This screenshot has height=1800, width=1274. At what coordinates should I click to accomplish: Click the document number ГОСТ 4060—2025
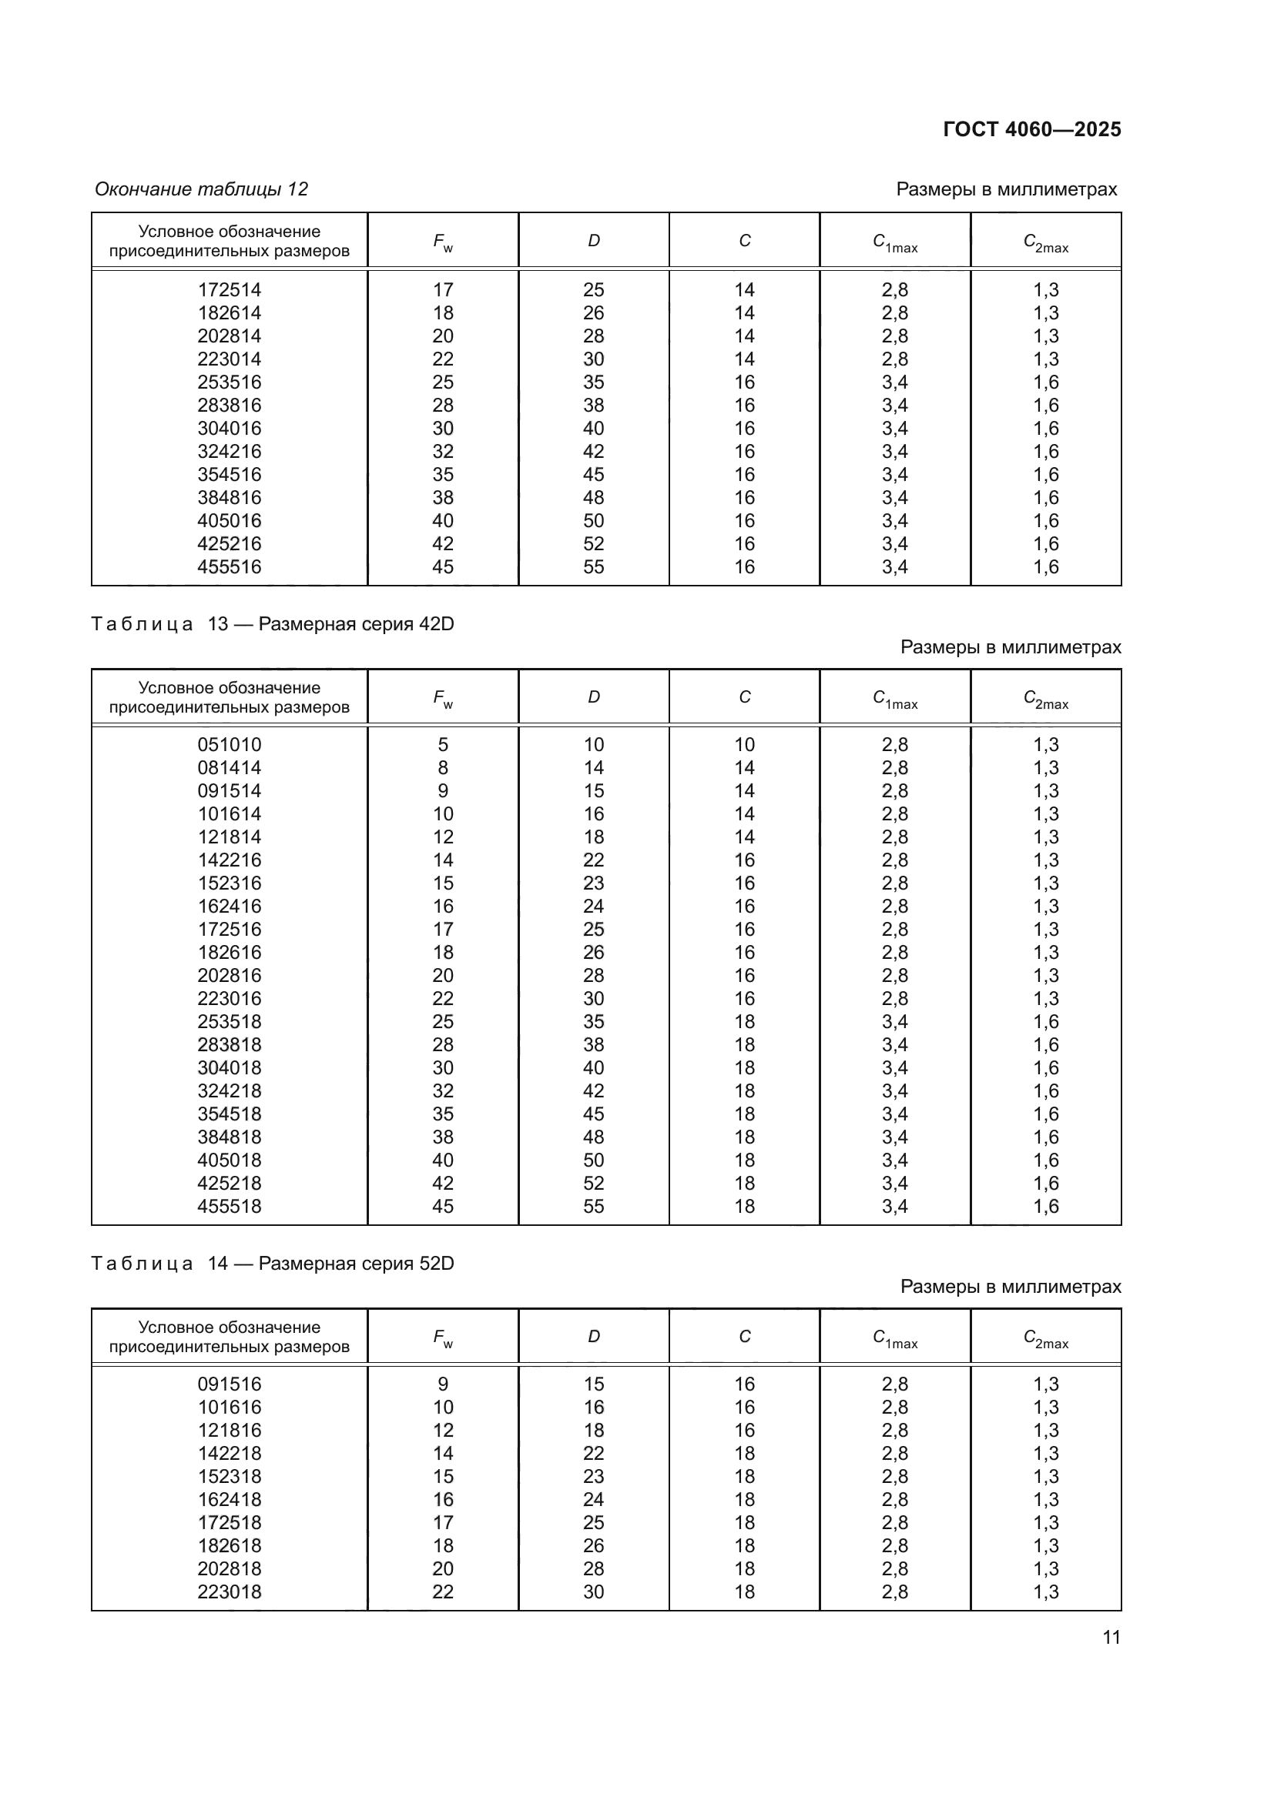[1031, 129]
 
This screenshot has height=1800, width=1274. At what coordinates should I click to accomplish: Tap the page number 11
[1111, 1638]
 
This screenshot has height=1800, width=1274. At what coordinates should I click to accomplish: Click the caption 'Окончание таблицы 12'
[201, 189]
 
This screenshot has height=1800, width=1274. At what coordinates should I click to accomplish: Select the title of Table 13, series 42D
[272, 624]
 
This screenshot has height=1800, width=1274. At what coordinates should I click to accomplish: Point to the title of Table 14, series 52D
[272, 1264]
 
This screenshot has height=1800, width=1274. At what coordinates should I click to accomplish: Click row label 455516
[229, 567]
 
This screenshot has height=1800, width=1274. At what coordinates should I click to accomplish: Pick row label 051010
[229, 745]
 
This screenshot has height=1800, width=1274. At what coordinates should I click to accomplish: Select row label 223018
[229, 1591]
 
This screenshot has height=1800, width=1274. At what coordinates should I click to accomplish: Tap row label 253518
[229, 1021]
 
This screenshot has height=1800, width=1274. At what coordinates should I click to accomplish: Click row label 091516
[229, 1384]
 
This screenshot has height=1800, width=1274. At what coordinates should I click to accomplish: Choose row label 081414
[229, 767]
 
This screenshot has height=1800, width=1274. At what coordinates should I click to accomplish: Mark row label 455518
[229, 1207]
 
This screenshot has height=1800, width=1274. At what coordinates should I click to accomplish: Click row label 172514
[229, 290]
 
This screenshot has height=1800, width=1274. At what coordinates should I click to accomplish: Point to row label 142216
[229, 860]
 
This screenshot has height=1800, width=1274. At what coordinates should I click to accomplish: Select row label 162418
[229, 1500]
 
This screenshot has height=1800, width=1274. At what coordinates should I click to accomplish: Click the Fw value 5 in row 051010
[442, 745]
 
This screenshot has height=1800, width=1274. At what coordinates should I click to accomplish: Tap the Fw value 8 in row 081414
[442, 767]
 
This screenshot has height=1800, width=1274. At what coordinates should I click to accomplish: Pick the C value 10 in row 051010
[744, 745]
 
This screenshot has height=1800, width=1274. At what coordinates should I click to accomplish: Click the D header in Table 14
[594, 1337]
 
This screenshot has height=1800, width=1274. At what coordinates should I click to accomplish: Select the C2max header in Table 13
[1046, 698]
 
